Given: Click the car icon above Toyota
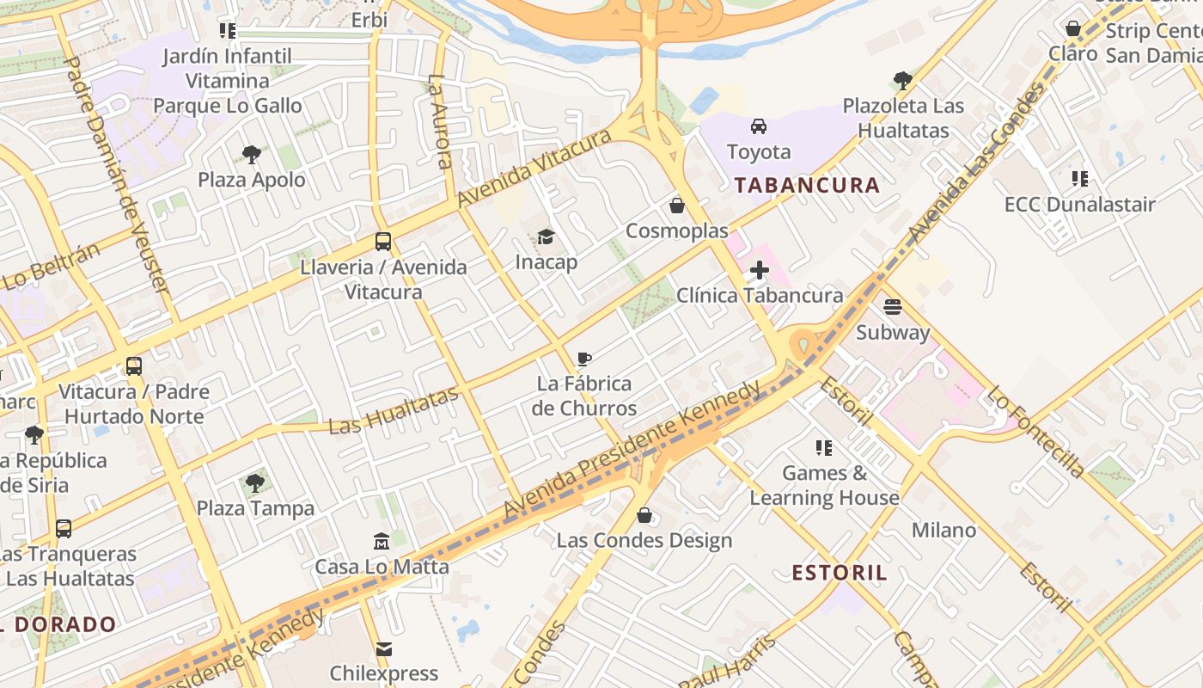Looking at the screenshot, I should [x=759, y=126].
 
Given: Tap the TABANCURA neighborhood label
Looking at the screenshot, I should [x=807, y=185].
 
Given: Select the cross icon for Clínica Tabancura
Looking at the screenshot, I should [x=759, y=271].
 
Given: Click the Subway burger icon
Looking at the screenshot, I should [x=893, y=307].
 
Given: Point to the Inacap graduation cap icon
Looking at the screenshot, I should [x=546, y=236].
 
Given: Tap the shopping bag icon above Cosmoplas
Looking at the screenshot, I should [x=677, y=206].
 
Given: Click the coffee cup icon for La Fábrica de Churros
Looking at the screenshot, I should [x=584, y=359].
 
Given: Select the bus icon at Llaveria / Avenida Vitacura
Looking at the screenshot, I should [x=383, y=242].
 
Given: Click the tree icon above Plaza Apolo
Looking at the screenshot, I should [x=252, y=155].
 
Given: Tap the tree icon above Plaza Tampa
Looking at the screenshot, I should [x=255, y=483].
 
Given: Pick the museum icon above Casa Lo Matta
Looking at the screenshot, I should [x=382, y=542].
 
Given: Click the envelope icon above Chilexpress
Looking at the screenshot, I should [x=384, y=648].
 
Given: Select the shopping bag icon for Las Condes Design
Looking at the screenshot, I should [x=644, y=515].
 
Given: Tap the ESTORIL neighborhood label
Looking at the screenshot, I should [x=839, y=573].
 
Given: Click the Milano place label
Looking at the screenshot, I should [x=943, y=531].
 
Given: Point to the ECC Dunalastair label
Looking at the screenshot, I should [x=1080, y=205].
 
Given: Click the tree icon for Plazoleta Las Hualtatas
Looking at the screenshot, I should [x=902, y=81].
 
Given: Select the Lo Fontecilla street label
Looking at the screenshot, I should [x=1035, y=431].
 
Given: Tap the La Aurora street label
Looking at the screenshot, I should [x=439, y=121].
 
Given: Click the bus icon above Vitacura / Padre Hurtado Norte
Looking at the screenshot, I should [x=134, y=366].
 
